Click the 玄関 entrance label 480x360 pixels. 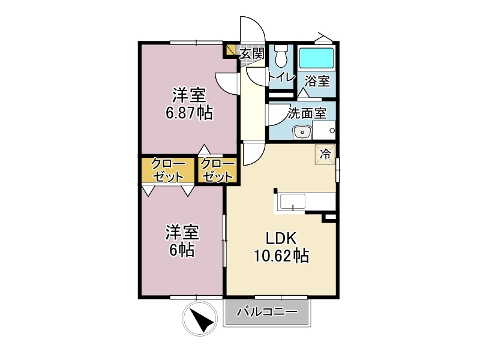[251, 54]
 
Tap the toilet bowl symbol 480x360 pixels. [281, 56]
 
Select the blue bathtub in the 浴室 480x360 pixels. [316, 58]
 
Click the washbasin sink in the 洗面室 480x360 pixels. [302, 132]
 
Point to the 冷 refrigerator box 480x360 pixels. [325, 154]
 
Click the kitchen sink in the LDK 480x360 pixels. [293, 202]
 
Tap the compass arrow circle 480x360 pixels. [200, 319]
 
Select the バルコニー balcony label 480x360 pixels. [267, 312]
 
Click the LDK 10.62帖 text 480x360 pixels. [281, 247]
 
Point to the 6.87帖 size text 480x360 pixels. [189, 113]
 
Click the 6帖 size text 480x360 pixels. [182, 250]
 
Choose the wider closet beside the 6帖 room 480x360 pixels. [168, 170]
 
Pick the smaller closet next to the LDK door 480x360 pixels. [217, 171]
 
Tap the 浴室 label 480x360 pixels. [317, 81]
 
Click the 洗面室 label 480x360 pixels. [307, 113]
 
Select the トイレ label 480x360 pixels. [281, 77]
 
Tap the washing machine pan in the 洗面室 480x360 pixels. [324, 130]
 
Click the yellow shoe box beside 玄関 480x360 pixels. [230, 50]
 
